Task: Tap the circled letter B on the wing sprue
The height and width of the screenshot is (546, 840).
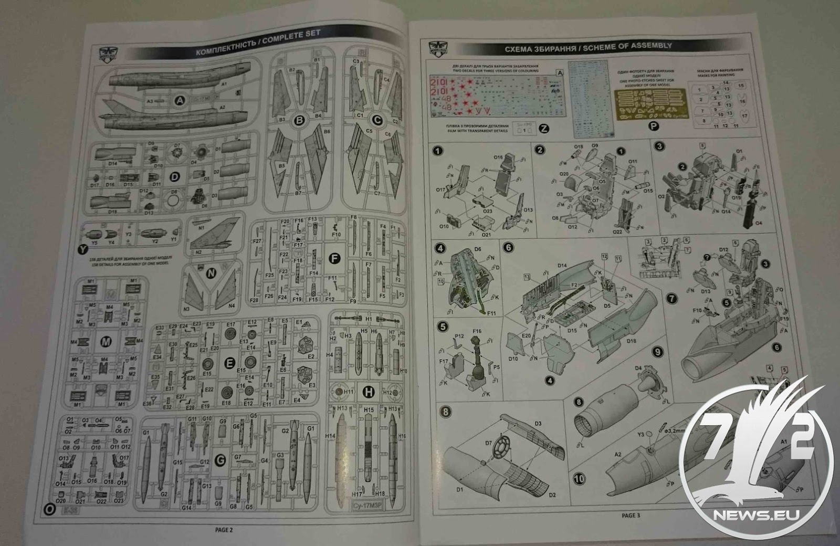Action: (x=300, y=121)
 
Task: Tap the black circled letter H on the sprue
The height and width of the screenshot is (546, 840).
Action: (x=369, y=391)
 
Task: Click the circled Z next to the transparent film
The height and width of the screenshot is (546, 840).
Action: (x=544, y=129)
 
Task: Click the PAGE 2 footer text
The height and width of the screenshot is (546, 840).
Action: (x=224, y=530)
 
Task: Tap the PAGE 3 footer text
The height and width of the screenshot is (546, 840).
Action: (x=631, y=516)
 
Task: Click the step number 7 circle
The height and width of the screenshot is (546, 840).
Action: (x=671, y=299)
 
